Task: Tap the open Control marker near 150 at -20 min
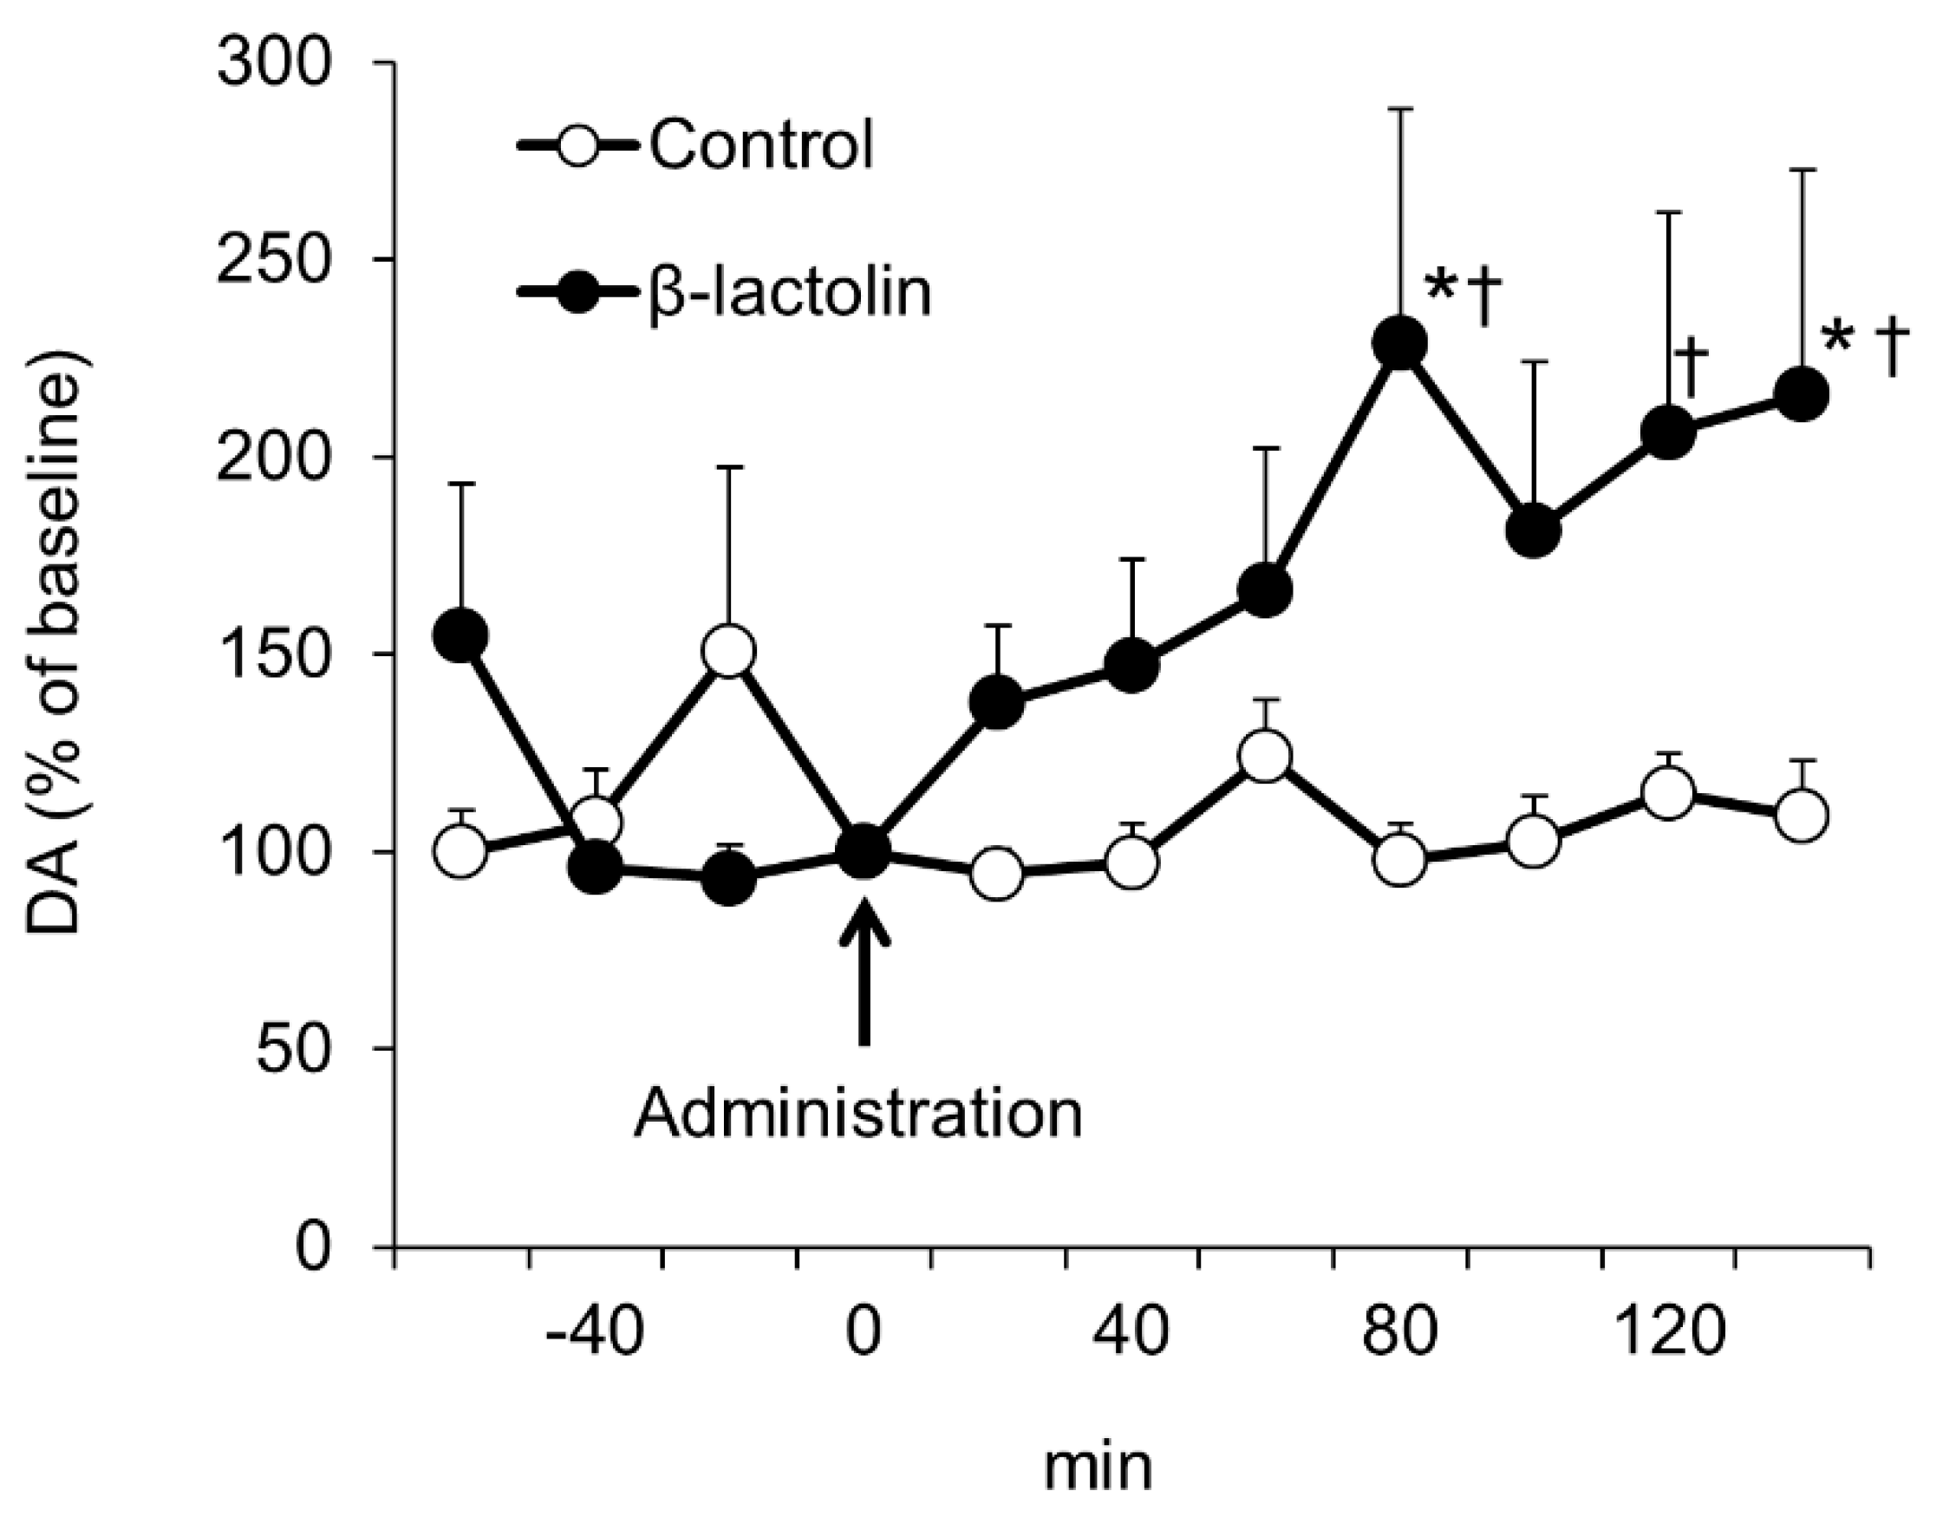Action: tap(728, 651)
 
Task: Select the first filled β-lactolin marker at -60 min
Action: tap(460, 636)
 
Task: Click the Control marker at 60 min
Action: tap(1265, 756)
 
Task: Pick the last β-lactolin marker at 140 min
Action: tap(1801, 394)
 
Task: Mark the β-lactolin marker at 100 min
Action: tap(1534, 531)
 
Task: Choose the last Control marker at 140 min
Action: tap(1801, 816)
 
